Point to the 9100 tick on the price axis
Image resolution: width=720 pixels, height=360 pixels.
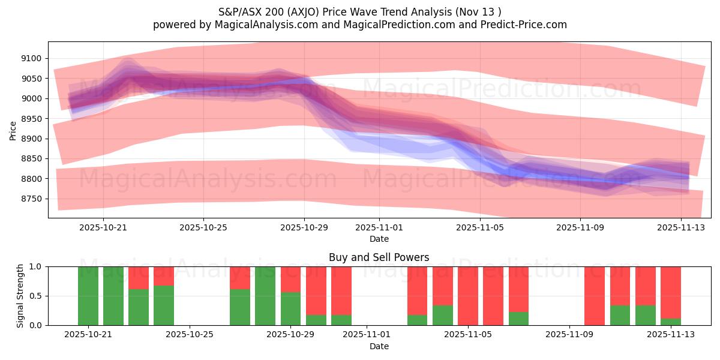pos(31,58)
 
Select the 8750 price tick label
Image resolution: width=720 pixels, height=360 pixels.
pos(31,199)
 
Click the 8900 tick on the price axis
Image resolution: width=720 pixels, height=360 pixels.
pos(31,139)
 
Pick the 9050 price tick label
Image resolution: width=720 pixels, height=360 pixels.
pos(31,79)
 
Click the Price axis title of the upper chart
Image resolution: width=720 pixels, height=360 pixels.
pos(13,130)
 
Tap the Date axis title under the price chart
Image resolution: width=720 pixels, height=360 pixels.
pos(379,239)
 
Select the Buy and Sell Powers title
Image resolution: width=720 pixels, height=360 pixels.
pos(379,257)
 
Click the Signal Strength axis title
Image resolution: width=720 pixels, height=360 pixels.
pos(20,296)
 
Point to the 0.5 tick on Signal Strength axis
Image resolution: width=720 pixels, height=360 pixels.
pos(35,296)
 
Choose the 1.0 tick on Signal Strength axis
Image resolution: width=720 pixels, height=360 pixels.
pos(35,266)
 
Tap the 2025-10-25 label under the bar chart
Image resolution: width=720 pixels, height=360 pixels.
pos(190,335)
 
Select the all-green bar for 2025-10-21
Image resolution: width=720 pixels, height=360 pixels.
pos(88,296)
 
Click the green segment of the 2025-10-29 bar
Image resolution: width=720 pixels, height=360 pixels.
pos(291,308)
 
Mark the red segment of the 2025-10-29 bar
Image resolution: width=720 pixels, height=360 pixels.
pos(291,279)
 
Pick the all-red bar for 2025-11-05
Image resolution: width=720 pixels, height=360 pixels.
pos(468,296)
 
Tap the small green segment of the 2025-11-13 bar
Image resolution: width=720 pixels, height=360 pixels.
pos(671,322)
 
